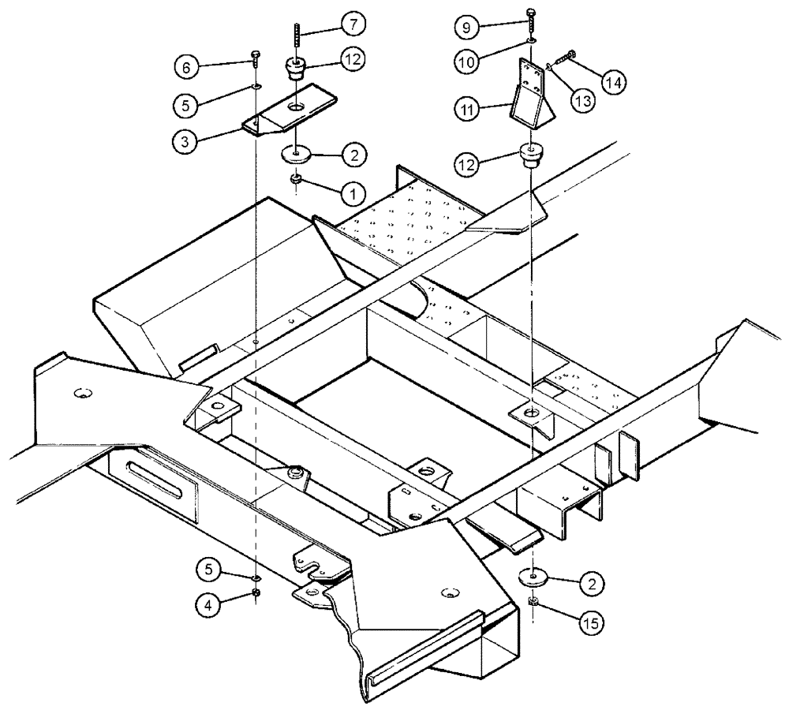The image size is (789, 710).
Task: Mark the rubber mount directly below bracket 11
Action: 532,155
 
